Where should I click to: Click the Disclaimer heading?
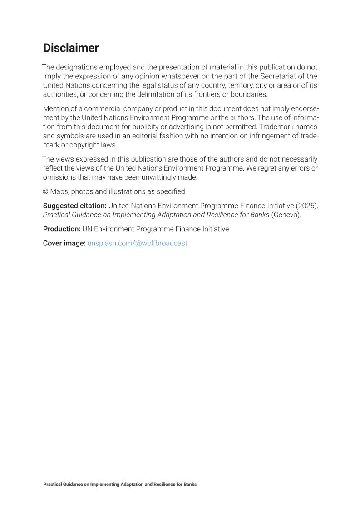tap(71, 48)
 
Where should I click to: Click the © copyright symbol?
tap(45, 191)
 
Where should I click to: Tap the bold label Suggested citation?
tap(74, 206)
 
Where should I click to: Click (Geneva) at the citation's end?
tap(286, 215)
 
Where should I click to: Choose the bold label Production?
tap(62, 229)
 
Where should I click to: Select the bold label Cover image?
tap(64, 243)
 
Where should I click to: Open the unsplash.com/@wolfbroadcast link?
tap(137, 243)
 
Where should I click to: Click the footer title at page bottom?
tap(120, 485)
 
